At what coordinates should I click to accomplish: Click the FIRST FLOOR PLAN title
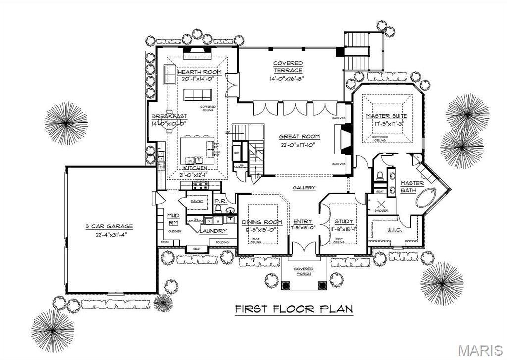point(293,309)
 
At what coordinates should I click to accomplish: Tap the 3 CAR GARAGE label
point(108,226)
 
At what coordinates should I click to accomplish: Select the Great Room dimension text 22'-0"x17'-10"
point(299,145)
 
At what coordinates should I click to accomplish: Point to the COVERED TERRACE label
point(288,67)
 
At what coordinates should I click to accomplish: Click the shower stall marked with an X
point(382,204)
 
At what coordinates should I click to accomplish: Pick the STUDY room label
point(343,222)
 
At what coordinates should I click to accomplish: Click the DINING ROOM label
point(262,222)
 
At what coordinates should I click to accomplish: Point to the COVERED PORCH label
point(304,271)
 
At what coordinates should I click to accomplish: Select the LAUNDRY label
point(213,231)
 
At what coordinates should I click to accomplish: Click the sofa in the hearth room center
point(198,95)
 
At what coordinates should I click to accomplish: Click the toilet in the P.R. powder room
point(218,209)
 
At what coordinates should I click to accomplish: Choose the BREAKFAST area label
point(169,116)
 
